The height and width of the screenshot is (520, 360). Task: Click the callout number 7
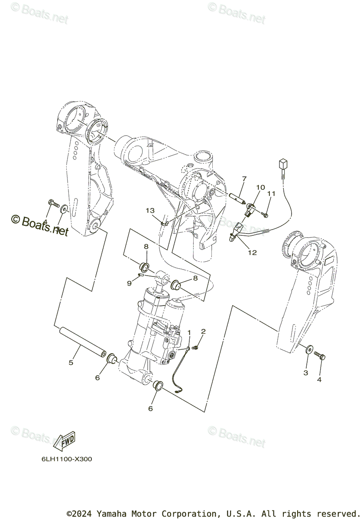point(256,179)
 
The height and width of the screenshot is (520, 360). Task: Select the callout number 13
point(150,211)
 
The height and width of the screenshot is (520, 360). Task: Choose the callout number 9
point(129,283)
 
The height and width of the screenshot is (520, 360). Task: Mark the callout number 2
point(203,331)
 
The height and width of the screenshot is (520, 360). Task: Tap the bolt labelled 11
point(265,214)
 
